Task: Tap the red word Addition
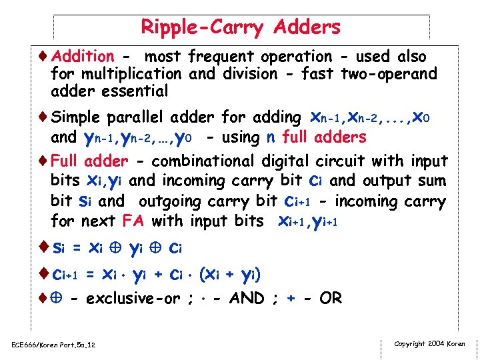pos(83,57)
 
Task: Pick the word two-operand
pos(389,73)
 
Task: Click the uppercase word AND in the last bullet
pos(247,298)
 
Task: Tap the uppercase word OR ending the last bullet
pos(330,298)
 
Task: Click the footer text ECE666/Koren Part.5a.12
pos(54,345)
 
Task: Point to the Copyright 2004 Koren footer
pos(429,344)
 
